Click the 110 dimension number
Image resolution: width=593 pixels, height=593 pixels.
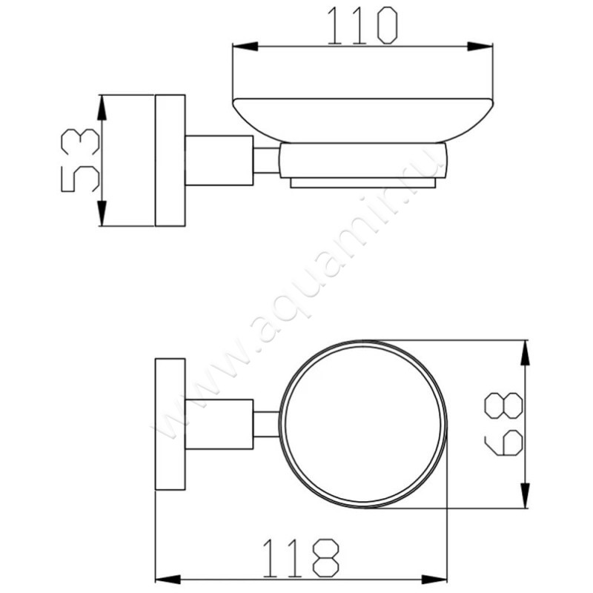pyautogui.click(x=362, y=26)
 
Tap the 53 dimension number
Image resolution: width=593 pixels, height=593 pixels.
pyautogui.click(x=80, y=160)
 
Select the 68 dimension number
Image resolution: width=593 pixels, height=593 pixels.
pyautogui.click(x=503, y=423)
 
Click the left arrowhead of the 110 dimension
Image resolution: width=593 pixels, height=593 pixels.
pyautogui.click(x=245, y=47)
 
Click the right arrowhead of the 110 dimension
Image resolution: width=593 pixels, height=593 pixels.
pyautogui.click(x=480, y=47)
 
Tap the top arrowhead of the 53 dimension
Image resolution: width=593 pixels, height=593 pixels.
pyautogui.click(x=102, y=107)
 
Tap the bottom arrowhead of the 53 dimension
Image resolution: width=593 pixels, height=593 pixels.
pyautogui.click(x=102, y=213)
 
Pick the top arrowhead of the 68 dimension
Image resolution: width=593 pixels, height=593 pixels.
pyautogui.click(x=525, y=353)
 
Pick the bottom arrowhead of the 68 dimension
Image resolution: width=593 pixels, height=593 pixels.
pyautogui.click(x=525, y=495)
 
